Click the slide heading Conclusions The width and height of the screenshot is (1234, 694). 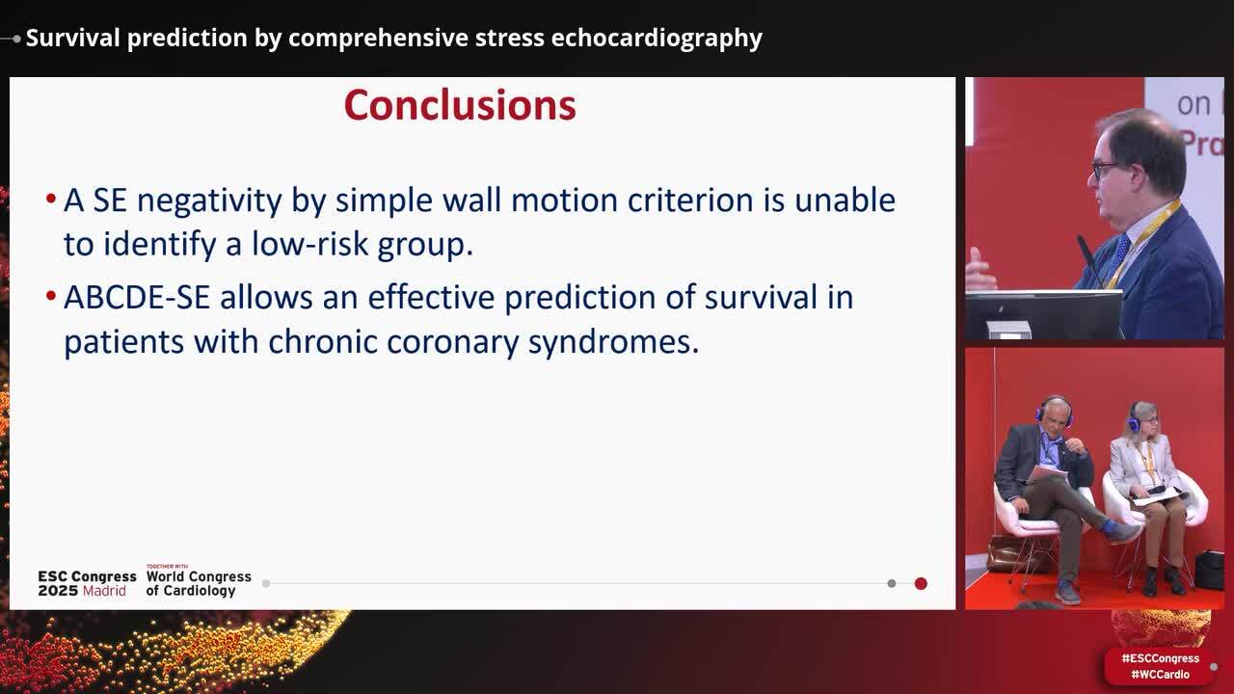click(x=459, y=105)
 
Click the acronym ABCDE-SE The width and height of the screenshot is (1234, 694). click(x=136, y=297)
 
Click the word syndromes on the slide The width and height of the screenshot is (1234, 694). click(x=613, y=342)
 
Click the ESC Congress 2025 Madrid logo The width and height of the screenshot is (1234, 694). click(x=87, y=583)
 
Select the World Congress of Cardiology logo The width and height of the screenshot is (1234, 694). click(x=198, y=582)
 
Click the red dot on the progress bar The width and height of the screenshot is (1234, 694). click(x=921, y=583)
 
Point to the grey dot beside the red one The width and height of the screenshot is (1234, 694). click(x=892, y=583)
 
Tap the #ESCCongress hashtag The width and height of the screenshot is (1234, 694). click(x=1160, y=658)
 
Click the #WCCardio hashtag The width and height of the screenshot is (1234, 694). click(x=1160, y=675)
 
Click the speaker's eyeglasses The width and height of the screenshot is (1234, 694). click(x=1104, y=170)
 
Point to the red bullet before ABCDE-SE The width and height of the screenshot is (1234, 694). click(x=50, y=297)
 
